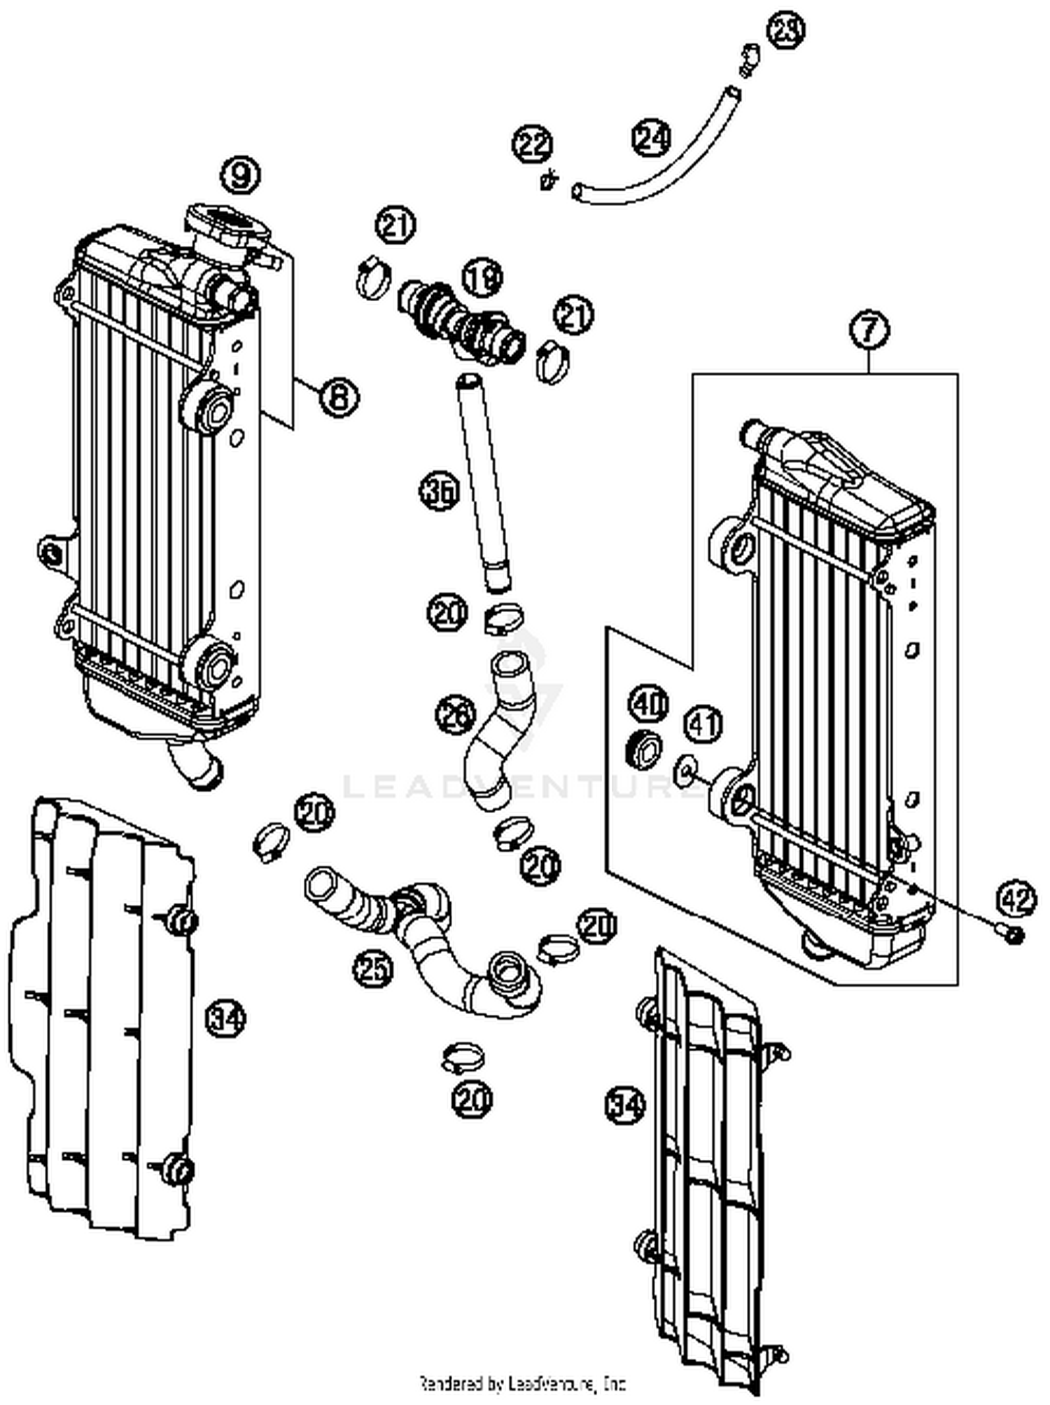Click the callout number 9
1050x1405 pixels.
240,174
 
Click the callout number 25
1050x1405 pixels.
372,969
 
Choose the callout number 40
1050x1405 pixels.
650,704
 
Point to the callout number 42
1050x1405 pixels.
1016,898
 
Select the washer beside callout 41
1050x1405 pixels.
684,772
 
